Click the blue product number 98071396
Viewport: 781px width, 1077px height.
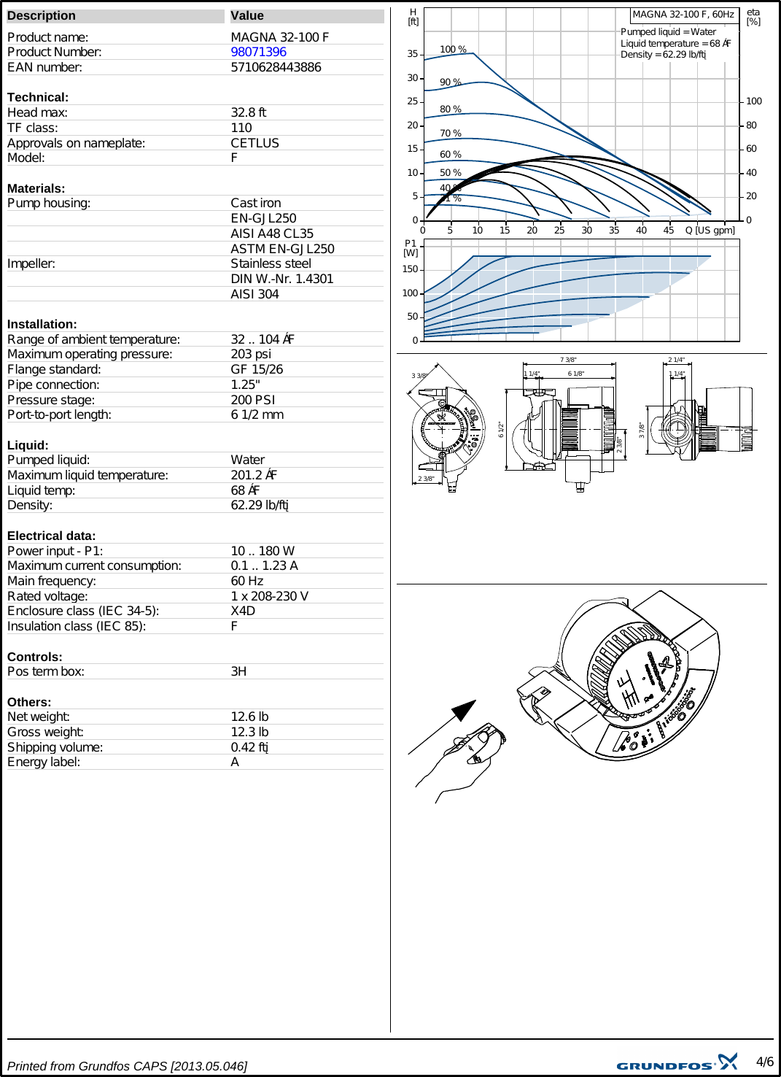pos(258,52)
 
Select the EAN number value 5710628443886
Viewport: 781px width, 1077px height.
pos(276,67)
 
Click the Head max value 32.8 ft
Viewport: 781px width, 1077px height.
pos(248,112)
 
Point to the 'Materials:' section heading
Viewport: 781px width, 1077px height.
pos(36,188)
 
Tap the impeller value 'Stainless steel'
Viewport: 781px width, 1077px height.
pos(271,263)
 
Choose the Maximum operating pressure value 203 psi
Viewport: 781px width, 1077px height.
pos(251,354)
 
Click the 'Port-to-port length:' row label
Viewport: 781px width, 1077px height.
pos(59,414)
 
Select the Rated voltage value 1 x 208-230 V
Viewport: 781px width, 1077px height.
pos(269,596)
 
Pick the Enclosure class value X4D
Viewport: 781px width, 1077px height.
pos(243,611)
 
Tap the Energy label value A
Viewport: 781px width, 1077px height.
pos(235,762)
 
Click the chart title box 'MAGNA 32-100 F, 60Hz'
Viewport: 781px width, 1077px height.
pos(683,15)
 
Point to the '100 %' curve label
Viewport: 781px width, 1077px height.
pos(453,50)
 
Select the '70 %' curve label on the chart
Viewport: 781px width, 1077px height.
pos(451,134)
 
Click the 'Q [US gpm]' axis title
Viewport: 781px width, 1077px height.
pos(710,231)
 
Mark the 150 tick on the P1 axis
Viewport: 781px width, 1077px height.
pos(411,269)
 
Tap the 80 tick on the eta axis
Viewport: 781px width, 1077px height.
pos(751,126)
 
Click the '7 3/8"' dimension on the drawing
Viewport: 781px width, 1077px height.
pos(568,360)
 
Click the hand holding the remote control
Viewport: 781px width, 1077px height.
pos(467,759)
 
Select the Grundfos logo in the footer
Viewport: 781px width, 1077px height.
pos(677,1063)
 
